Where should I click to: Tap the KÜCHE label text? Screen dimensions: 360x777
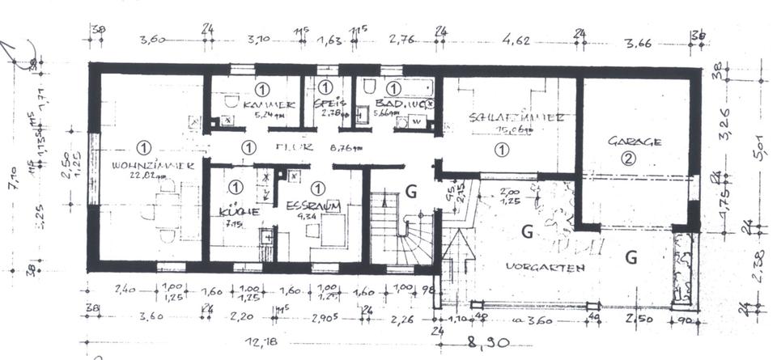[x=232, y=211]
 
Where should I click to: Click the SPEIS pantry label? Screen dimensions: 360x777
[x=326, y=104]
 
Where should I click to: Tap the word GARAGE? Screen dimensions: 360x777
[x=635, y=141]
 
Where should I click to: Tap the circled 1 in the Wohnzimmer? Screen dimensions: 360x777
[x=143, y=146]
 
